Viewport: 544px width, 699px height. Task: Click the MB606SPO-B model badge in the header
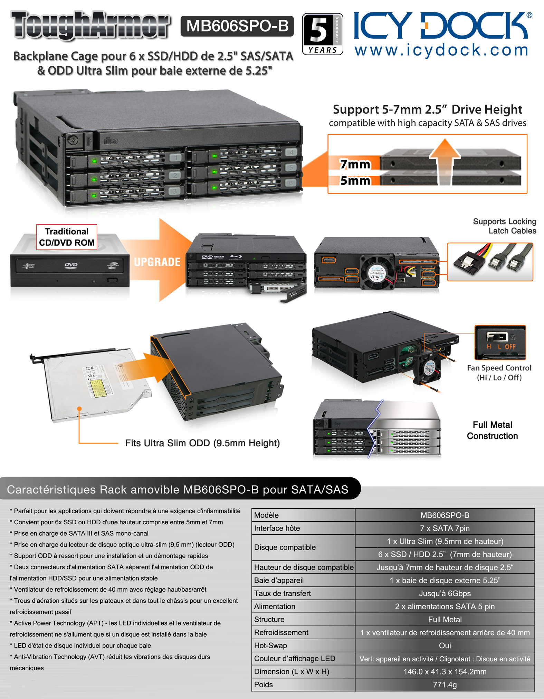pos(237,26)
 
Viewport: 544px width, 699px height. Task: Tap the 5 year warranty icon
pos(322,33)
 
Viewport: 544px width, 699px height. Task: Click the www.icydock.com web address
pos(441,50)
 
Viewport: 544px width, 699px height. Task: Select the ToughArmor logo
pos(90,25)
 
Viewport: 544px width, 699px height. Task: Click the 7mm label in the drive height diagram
pos(355,164)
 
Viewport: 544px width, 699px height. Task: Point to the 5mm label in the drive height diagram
pos(355,181)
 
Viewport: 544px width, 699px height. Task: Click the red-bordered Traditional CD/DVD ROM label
pos(67,237)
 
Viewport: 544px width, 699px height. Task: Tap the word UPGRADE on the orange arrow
pos(157,262)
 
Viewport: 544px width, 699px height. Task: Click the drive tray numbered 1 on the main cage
pos(124,161)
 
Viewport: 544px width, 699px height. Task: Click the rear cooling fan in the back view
pos(376,271)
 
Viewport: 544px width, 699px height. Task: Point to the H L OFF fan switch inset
pos(500,342)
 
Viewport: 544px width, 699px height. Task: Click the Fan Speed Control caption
pos(499,373)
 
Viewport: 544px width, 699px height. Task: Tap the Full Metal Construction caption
pos(492,430)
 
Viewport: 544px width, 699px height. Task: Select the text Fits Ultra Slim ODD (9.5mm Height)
pos(202,443)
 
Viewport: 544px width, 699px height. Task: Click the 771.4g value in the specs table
pos(445,685)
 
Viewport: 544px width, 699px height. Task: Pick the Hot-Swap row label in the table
pos(270,645)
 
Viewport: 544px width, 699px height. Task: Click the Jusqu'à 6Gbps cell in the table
pos(445,593)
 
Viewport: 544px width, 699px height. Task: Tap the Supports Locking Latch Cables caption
pos(505,226)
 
